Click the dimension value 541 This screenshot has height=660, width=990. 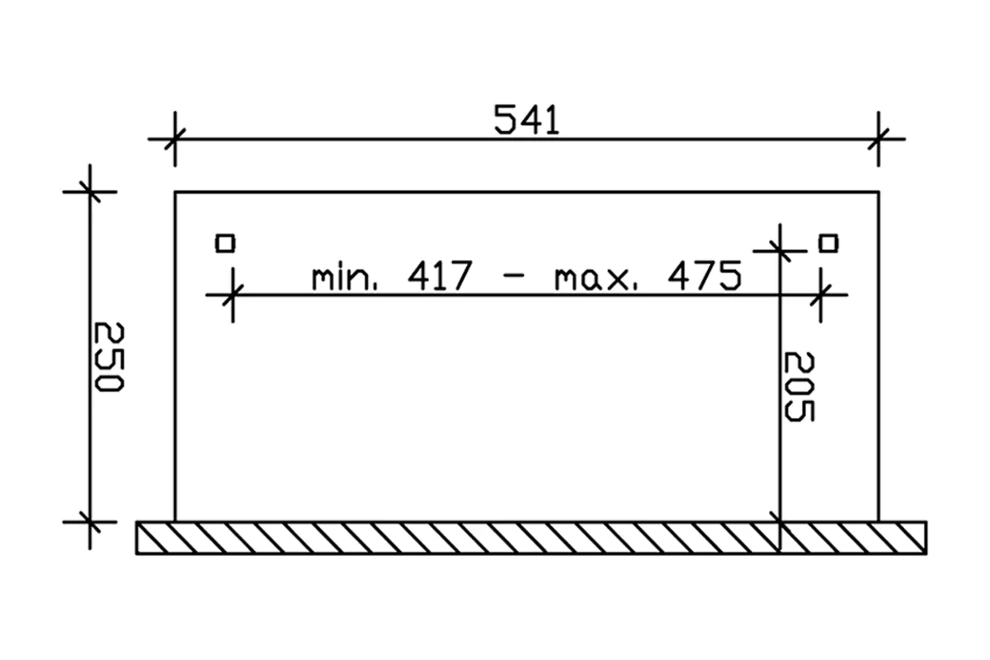click(x=526, y=121)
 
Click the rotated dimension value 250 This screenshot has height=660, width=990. click(x=107, y=356)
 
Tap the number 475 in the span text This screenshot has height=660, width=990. click(x=704, y=278)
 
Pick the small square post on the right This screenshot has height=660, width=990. click(x=828, y=243)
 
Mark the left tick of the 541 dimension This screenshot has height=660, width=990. click(x=175, y=139)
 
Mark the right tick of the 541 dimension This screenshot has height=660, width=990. click(x=878, y=139)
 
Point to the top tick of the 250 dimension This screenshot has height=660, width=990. click(x=90, y=191)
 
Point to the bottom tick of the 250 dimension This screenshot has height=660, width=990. click(x=90, y=521)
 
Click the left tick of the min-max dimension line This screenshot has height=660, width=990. click(x=233, y=294)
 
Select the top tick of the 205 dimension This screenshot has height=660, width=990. click(x=780, y=248)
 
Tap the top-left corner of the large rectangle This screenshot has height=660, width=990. click(x=175, y=191)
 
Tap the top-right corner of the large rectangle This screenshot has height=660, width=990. click(x=879, y=191)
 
